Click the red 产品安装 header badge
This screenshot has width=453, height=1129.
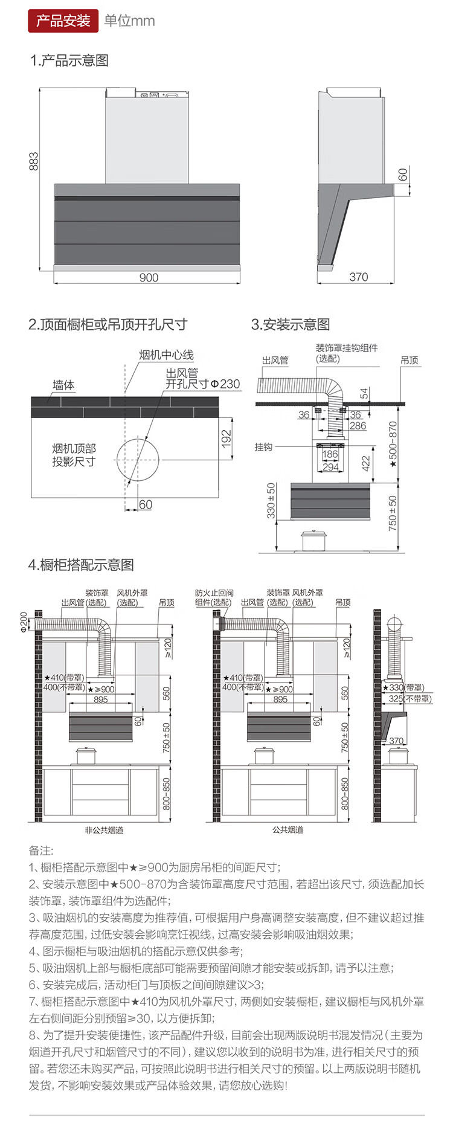click(63, 21)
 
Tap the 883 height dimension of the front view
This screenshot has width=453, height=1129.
click(34, 161)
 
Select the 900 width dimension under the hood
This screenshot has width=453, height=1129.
click(149, 277)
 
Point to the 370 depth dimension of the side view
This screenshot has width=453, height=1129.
click(358, 277)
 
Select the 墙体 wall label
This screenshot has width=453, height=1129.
click(63, 385)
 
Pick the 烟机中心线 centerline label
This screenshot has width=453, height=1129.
click(167, 355)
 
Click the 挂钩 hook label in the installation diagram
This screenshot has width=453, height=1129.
click(263, 447)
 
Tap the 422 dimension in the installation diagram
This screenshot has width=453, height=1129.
click(365, 463)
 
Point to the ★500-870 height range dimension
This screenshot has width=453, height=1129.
click(393, 444)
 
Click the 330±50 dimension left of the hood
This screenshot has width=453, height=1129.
click(271, 500)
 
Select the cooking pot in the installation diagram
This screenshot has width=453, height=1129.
click(314, 540)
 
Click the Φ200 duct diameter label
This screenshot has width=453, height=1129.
click(24, 622)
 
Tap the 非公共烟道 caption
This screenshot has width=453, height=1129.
click(104, 831)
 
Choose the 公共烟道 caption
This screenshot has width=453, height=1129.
click(288, 831)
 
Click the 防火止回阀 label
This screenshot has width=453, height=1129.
click(214, 594)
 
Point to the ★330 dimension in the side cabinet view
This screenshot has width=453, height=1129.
click(399, 687)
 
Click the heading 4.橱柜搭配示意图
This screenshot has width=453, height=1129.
click(81, 565)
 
